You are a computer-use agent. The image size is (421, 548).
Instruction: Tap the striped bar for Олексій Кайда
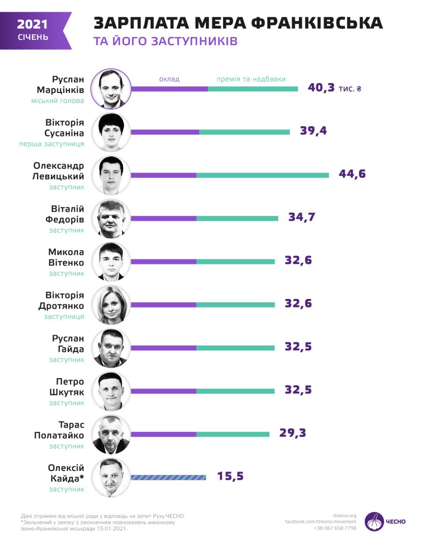tap(168, 477)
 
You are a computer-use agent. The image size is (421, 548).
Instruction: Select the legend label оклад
tap(169, 79)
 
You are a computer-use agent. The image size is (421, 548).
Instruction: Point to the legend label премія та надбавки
tap(251, 79)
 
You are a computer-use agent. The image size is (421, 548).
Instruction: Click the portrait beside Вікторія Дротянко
tap(111, 305)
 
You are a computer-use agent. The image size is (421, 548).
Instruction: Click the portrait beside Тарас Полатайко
tap(111, 434)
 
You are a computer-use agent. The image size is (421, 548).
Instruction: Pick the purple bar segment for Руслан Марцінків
tap(169, 89)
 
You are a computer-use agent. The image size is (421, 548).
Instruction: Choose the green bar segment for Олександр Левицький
tap(262, 175)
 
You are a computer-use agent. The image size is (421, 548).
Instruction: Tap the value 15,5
tap(230, 476)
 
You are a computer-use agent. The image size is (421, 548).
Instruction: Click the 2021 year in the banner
tap(32, 24)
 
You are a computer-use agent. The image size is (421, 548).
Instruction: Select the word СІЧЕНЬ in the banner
tap(33, 37)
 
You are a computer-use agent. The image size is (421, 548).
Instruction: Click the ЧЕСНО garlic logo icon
tap(374, 521)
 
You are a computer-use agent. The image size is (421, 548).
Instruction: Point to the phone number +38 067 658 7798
tap(335, 528)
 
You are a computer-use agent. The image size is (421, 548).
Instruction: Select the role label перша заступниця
tap(51, 144)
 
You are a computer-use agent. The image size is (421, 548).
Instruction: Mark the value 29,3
tap(292, 433)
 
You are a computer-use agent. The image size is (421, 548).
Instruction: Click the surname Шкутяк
tap(67, 392)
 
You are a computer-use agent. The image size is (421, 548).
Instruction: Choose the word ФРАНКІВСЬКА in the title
tap(317, 22)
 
